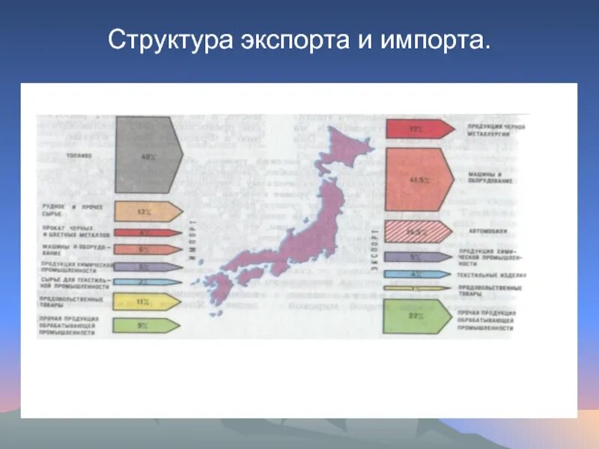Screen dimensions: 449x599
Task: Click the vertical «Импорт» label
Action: [x=192, y=239]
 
